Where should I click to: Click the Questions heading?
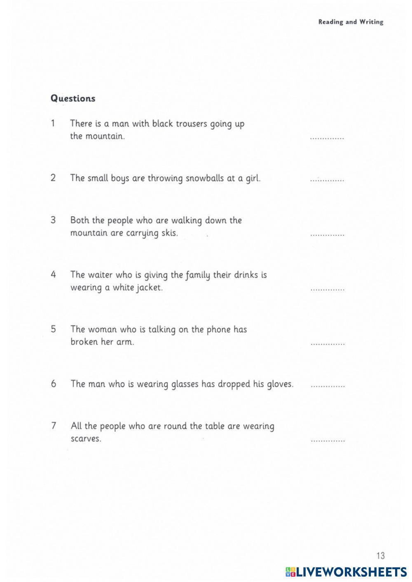pyautogui.click(x=73, y=98)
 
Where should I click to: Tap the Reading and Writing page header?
pyautogui.click(x=351, y=22)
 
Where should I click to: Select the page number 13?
pyautogui.click(x=380, y=556)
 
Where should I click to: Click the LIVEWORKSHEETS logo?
pyautogui.click(x=346, y=571)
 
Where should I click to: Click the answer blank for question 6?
pyautogui.click(x=328, y=386)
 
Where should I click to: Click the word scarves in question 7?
pyautogui.click(x=86, y=438)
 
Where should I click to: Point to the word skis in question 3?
pyautogui.click(x=170, y=233)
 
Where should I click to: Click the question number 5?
pyautogui.click(x=54, y=329)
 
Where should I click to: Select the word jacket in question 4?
pyautogui.click(x=150, y=288)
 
